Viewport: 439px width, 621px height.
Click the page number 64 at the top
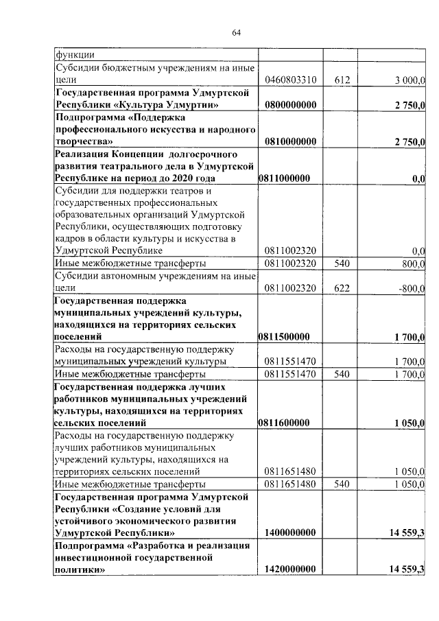pyautogui.click(x=237, y=32)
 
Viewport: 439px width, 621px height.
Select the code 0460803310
pyautogui.click(x=289, y=80)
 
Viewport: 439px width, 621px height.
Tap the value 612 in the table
pyautogui.click(x=342, y=80)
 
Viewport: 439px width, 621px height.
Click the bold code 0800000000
pyautogui.click(x=289, y=105)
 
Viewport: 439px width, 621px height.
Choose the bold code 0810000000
pyautogui.click(x=289, y=141)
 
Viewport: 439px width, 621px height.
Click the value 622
pyautogui.click(x=342, y=289)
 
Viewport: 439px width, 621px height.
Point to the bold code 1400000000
pyautogui.click(x=289, y=532)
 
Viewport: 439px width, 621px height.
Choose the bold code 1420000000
pyautogui.click(x=289, y=570)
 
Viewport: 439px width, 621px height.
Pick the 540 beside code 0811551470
pyautogui.click(x=342, y=375)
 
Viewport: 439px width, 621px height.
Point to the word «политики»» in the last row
pyautogui.click(x=80, y=570)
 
